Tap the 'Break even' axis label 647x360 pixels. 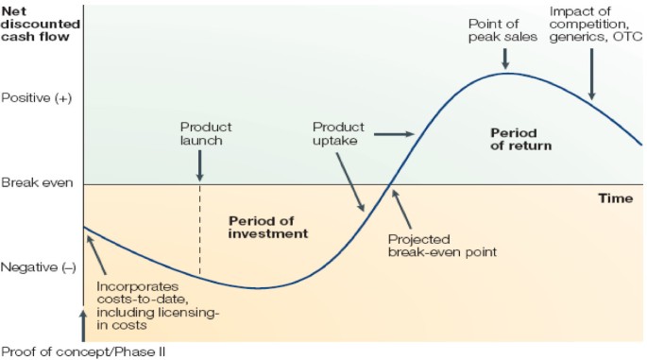(34, 182)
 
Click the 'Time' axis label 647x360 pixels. (615, 198)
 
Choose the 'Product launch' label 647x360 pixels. (205, 133)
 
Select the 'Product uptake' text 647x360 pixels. (338, 133)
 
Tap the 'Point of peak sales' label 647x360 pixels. (502, 29)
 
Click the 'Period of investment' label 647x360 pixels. (268, 227)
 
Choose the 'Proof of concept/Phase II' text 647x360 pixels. (89, 350)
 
